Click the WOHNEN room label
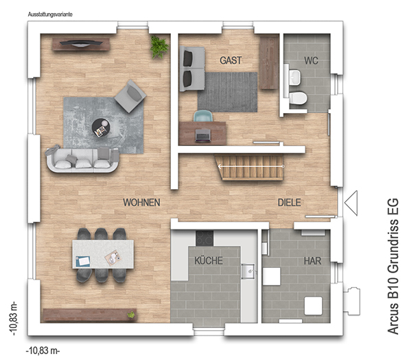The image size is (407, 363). (x=141, y=202)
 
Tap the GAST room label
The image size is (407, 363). (x=231, y=60)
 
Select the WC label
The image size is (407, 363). (x=311, y=61)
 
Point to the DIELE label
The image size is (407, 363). (x=289, y=202)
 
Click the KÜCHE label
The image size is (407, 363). (x=209, y=260)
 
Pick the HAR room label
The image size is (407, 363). (x=312, y=261)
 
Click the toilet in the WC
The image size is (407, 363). (x=298, y=98)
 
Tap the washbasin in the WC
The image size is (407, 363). (x=295, y=77)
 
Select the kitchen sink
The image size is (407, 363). (x=248, y=271)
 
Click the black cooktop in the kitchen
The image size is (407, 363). (x=205, y=238)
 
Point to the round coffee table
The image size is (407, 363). (x=101, y=128)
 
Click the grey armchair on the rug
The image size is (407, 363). (x=130, y=96)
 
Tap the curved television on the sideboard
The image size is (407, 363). (x=81, y=44)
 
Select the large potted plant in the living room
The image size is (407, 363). (x=159, y=47)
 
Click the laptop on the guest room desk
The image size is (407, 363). (x=202, y=136)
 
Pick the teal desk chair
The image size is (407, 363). (x=203, y=116)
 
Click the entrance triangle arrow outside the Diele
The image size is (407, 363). (x=351, y=203)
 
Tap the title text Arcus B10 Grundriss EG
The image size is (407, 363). (x=393, y=266)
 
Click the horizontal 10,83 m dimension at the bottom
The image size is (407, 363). (x=43, y=351)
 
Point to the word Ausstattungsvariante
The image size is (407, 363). (x=50, y=14)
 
